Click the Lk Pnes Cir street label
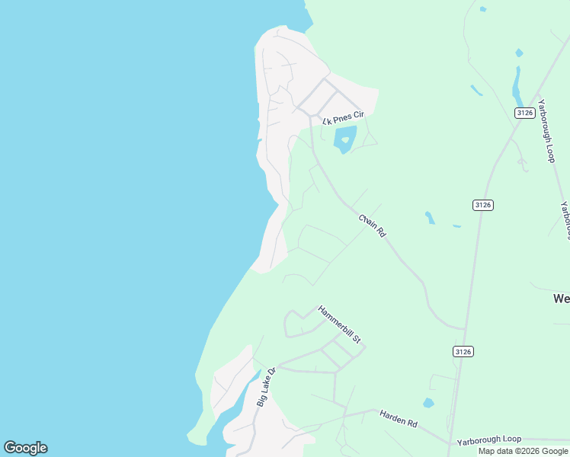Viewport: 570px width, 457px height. [344, 118]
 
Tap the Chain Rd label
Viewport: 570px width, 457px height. [373, 226]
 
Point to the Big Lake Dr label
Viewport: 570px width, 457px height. [264, 388]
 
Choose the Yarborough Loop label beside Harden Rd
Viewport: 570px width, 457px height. [488, 440]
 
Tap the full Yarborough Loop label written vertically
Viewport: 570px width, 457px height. [545, 130]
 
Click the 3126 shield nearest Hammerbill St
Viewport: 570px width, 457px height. [463, 351]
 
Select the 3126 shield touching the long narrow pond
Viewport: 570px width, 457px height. [524, 113]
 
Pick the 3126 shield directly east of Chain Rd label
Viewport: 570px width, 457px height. [482, 205]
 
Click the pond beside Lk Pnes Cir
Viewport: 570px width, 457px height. [344, 139]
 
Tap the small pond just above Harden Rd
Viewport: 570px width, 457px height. [428, 403]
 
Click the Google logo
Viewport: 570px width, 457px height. [25, 448]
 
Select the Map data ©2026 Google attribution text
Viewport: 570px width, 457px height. [523, 451]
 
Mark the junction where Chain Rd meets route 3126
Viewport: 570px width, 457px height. [465, 330]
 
